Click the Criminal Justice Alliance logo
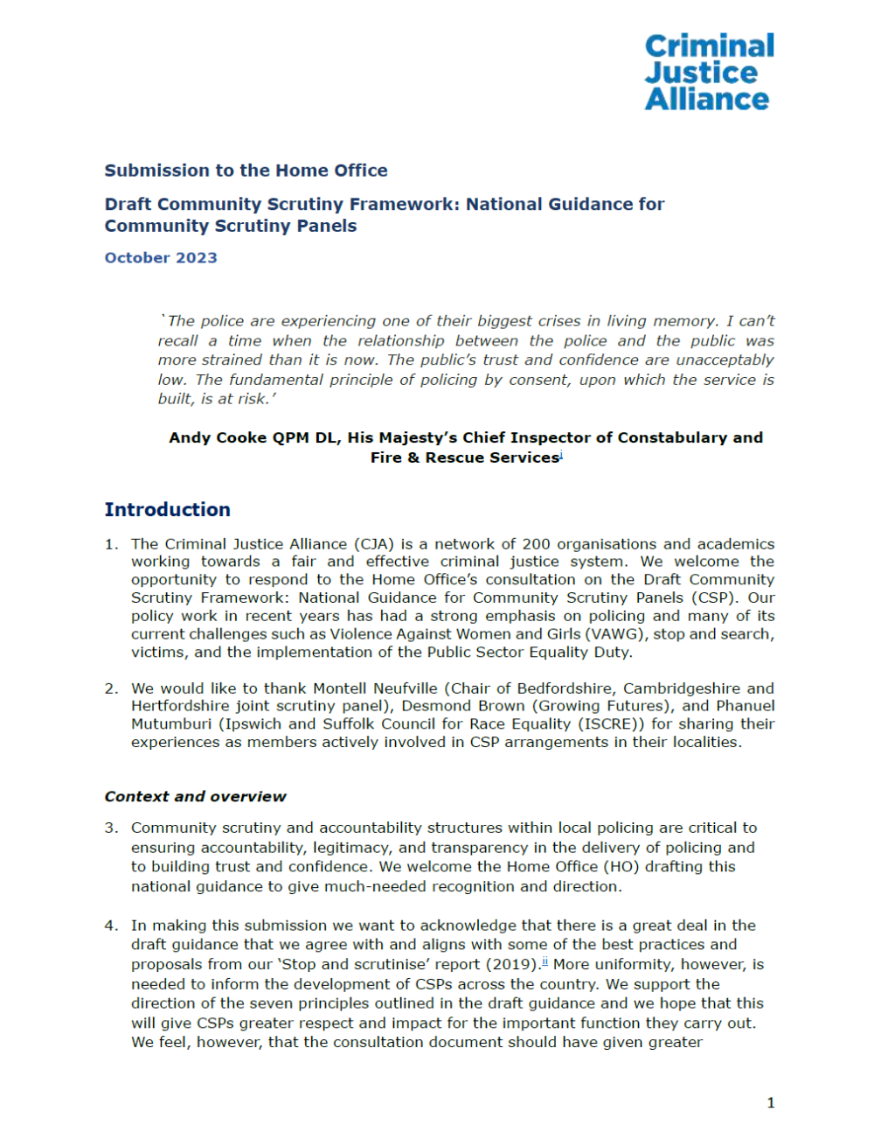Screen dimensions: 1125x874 coord(709,73)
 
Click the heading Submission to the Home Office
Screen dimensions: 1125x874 coord(246,171)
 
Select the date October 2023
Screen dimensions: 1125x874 coord(161,258)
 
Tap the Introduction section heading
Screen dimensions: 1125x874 coord(167,510)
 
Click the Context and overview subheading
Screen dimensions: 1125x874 coord(195,797)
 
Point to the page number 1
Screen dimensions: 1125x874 coord(770,1103)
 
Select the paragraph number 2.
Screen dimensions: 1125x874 coord(111,688)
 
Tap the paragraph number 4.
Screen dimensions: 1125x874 coord(111,926)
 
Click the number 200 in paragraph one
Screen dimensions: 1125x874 coord(537,544)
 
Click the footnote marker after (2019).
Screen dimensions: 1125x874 coord(545,962)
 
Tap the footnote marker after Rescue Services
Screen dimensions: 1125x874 coord(561,455)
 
